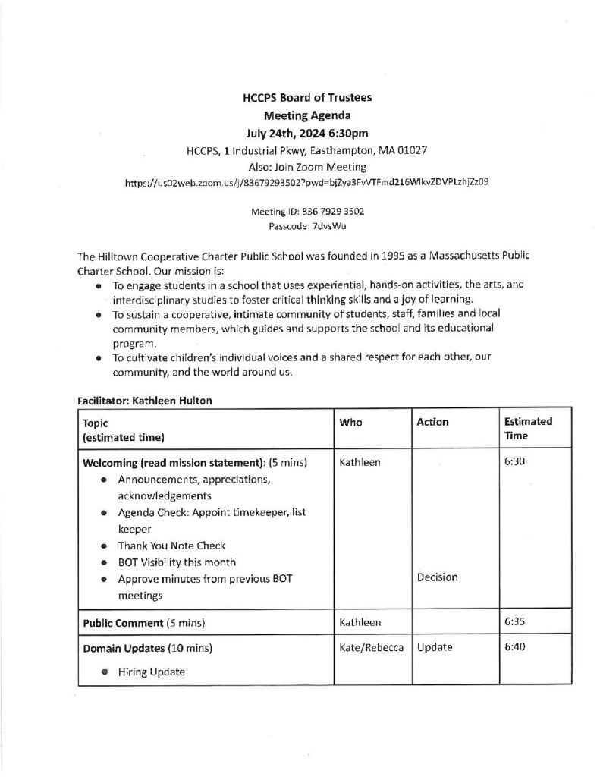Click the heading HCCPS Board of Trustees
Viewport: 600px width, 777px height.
coord(307,98)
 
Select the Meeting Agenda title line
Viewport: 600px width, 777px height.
coord(307,116)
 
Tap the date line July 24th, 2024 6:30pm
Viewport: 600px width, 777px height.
coord(307,134)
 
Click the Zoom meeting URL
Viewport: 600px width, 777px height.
coord(306,183)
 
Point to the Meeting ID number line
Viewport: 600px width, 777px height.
coord(307,213)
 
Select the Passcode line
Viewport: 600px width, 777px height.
coord(307,226)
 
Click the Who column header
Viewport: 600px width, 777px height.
coord(351,422)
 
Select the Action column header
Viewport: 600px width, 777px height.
coord(432,422)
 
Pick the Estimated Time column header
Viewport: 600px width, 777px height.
coord(528,429)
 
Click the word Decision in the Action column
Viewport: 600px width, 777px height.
coord(437,577)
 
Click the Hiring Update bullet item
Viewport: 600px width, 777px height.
coord(151,672)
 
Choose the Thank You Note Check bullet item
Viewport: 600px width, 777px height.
coord(171,546)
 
